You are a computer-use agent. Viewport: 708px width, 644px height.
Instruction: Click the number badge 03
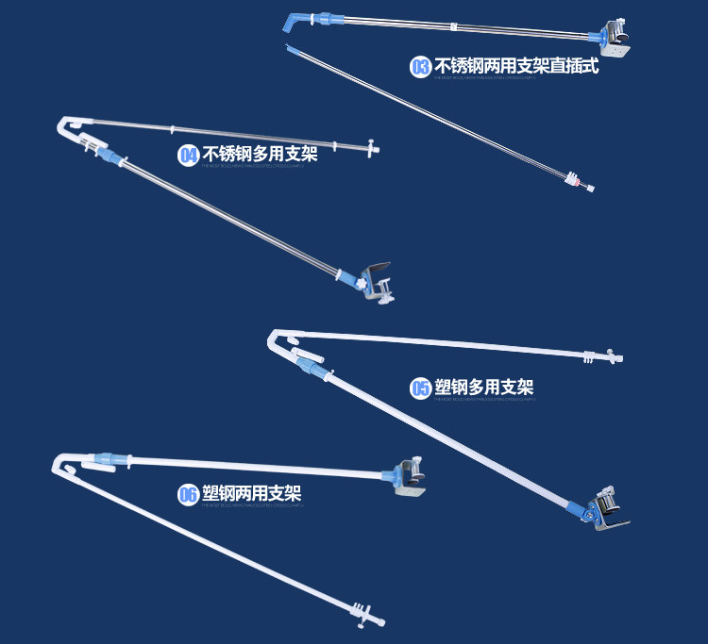[x=420, y=67]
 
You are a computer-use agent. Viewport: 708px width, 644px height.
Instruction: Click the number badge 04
[x=189, y=155]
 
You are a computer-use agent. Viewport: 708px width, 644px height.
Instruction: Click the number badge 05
[x=421, y=388]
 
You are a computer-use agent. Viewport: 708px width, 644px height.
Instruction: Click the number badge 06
[x=189, y=494]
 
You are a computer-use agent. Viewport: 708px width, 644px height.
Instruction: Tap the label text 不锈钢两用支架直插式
[x=516, y=66]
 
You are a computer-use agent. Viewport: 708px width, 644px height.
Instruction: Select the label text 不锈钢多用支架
[x=261, y=154]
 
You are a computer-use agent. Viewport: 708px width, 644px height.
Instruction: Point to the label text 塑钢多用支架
[x=484, y=388]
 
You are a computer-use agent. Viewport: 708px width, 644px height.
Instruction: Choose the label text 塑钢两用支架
[x=252, y=493]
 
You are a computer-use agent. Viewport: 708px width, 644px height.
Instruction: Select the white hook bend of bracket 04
[x=68, y=126]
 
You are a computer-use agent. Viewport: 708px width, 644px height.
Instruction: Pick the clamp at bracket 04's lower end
[x=377, y=281]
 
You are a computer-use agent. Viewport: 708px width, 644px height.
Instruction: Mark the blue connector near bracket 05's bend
[x=307, y=359]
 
